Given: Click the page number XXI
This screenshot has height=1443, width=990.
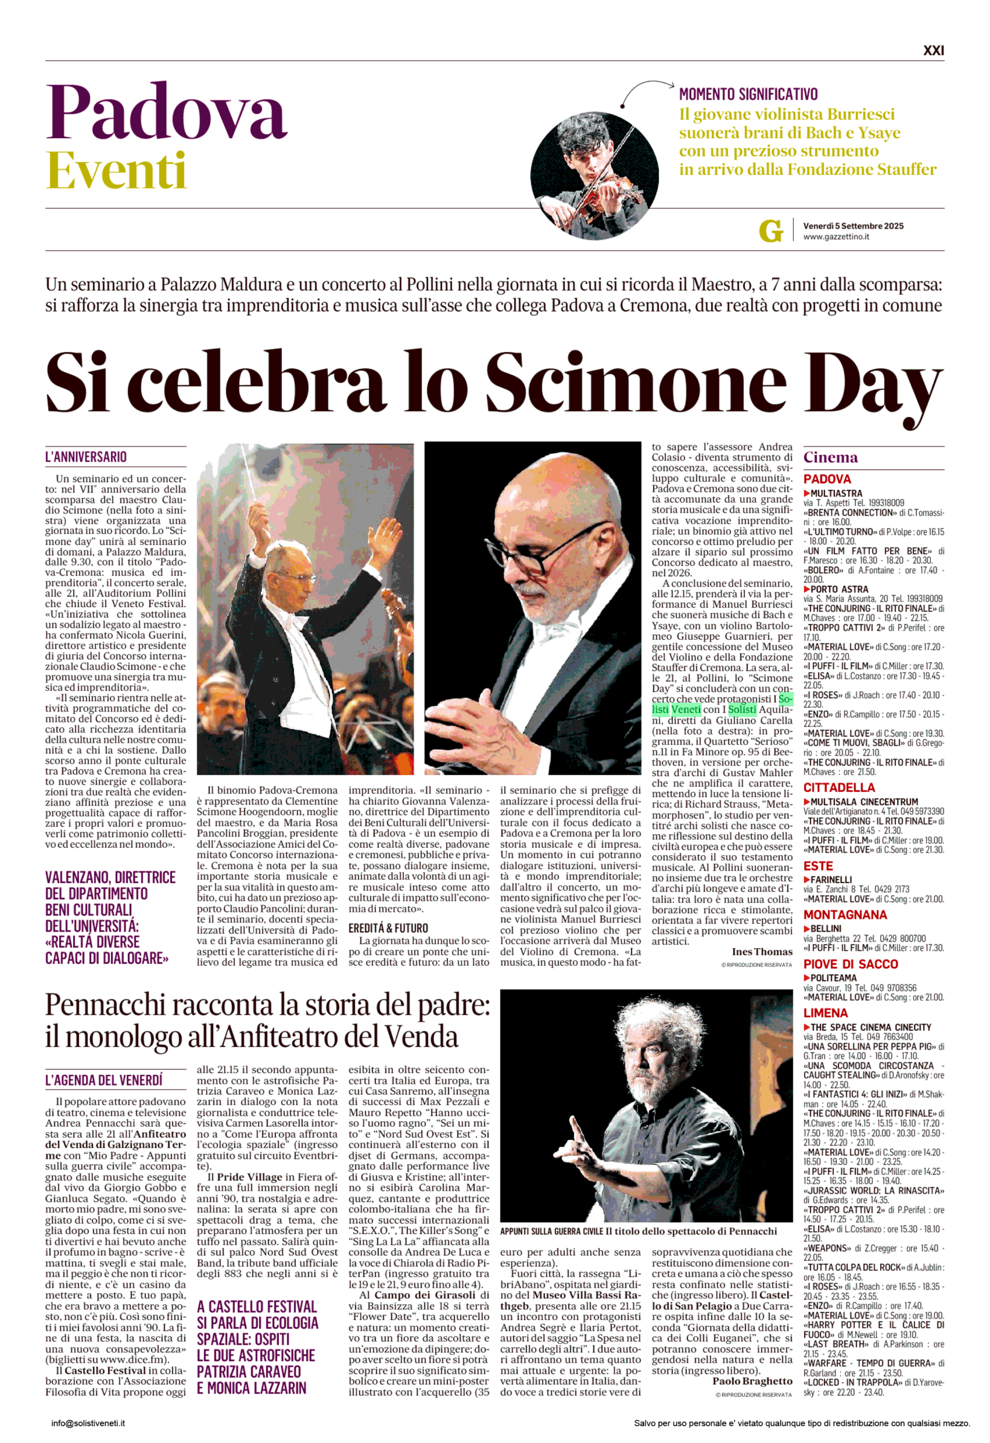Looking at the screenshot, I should pos(934,50).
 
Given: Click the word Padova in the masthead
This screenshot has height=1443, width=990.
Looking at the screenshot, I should pos(166,112).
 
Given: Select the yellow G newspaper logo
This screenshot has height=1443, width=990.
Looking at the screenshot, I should pos(770,231).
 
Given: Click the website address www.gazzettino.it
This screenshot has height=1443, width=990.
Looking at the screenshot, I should pos(836,237).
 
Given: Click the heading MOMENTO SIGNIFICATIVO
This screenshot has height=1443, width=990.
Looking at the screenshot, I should pos(748,94).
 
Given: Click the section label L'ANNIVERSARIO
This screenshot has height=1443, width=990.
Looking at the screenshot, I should pos(86,457).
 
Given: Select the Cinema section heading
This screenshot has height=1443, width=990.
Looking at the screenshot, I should pos(830,458).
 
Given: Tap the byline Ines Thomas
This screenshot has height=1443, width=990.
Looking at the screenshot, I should pos(762,952).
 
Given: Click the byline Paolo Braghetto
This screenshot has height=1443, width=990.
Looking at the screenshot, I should pos(752,1381).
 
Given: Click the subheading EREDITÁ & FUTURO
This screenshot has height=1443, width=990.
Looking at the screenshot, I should pos(388,928).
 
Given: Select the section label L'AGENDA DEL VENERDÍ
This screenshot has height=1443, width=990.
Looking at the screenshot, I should pos(104,1081).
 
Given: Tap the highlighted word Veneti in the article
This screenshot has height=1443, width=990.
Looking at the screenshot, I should pos(686,709).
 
